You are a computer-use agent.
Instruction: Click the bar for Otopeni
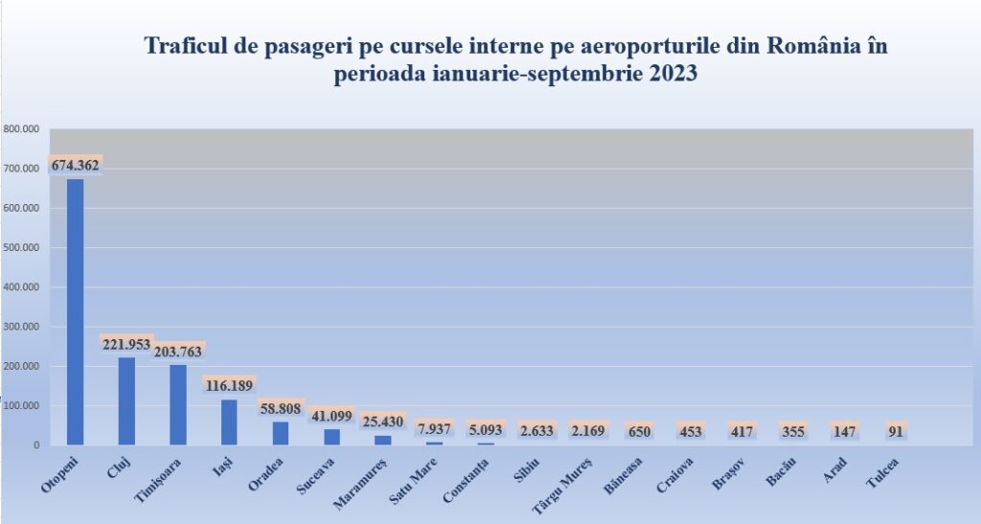(75, 311)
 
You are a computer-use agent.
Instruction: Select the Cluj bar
(126, 400)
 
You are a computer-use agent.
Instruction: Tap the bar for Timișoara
(178, 404)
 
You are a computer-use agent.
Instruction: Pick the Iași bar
(229, 421)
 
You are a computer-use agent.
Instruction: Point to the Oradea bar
(281, 433)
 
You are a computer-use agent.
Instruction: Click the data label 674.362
(75, 165)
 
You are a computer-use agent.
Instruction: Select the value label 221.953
(126, 344)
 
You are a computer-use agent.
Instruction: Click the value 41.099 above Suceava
(331, 417)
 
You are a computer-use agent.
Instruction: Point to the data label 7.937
(435, 429)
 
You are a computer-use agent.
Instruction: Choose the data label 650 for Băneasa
(641, 431)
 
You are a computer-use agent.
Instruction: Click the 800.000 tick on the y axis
(21, 128)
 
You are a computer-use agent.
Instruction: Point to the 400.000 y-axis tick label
(21, 286)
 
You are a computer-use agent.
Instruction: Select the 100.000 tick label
(21, 406)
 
